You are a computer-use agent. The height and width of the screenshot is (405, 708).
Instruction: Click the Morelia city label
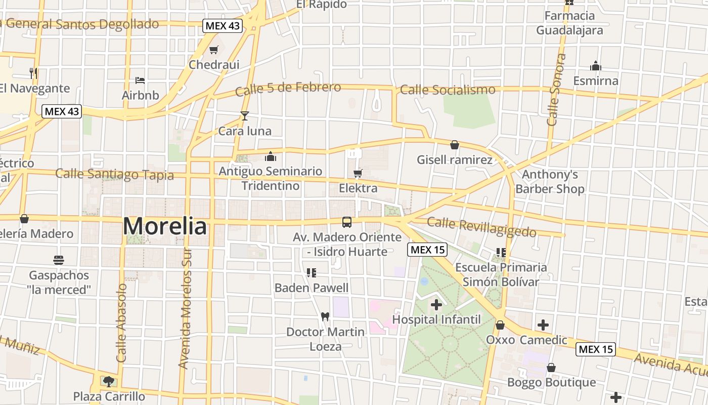tap(165, 226)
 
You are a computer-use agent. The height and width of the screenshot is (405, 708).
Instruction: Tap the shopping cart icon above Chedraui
tap(213, 50)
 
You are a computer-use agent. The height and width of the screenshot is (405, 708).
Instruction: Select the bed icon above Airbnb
tap(140, 80)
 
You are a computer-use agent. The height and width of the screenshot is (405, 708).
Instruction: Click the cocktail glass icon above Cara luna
tap(245, 116)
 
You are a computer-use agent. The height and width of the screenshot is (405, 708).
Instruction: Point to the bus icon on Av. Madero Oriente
tap(347, 222)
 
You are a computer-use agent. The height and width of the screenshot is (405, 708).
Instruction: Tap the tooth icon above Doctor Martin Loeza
tap(325, 316)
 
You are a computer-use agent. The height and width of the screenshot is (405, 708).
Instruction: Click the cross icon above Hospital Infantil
tap(436, 304)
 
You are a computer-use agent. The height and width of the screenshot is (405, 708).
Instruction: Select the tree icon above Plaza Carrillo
tap(109, 381)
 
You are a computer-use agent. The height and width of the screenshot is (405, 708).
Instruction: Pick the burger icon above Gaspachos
tap(59, 260)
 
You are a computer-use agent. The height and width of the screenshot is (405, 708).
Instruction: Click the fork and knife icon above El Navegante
tap(33, 73)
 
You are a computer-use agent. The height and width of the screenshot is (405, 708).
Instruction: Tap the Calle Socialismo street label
tap(448, 90)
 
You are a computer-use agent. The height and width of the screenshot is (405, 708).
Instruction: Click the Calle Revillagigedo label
tap(481, 227)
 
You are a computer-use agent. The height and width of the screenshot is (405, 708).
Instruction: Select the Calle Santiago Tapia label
tap(114, 175)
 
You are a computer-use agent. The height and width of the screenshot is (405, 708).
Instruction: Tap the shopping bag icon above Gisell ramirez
tap(455, 145)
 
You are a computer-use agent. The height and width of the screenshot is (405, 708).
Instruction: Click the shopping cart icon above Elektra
tap(358, 174)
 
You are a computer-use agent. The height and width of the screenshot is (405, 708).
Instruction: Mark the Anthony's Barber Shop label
tap(550, 182)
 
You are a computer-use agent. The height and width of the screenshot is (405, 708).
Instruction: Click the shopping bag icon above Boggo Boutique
tap(551, 368)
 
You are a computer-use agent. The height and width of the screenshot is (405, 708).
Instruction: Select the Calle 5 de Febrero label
tap(288, 89)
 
